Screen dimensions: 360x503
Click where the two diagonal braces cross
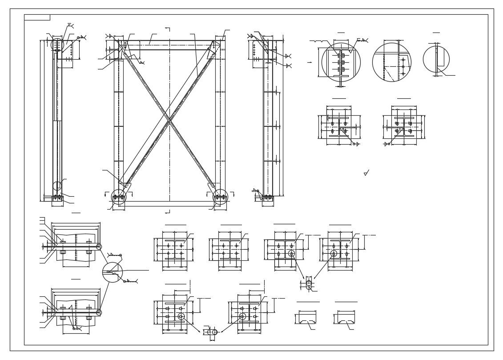[x=169, y=120]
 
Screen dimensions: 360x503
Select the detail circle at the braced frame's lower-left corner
[x=119, y=196]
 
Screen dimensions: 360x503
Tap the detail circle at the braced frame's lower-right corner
[x=220, y=196]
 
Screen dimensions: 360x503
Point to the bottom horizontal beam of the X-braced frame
[x=169, y=204]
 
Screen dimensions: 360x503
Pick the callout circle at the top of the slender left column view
[x=57, y=44]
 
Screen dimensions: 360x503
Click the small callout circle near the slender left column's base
[x=57, y=186]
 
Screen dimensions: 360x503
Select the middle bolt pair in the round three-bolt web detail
[x=341, y=62]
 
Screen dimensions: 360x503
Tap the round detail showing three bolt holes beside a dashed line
[x=392, y=62]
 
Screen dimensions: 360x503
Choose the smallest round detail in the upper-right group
[x=436, y=59]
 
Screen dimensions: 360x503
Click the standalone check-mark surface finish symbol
[x=366, y=173]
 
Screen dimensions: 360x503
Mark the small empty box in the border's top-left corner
[x=37, y=17]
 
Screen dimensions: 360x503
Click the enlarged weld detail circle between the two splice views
[x=113, y=272]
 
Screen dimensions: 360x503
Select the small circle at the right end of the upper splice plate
[x=99, y=247]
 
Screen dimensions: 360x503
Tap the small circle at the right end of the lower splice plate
[x=99, y=312]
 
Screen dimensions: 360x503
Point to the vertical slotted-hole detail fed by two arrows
[x=309, y=283]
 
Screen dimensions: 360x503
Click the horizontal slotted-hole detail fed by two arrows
[x=212, y=332]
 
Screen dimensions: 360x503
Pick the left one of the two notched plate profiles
[x=307, y=317]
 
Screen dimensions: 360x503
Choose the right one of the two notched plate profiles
[x=346, y=317]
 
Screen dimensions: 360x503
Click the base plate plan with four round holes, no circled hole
[x=175, y=250]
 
